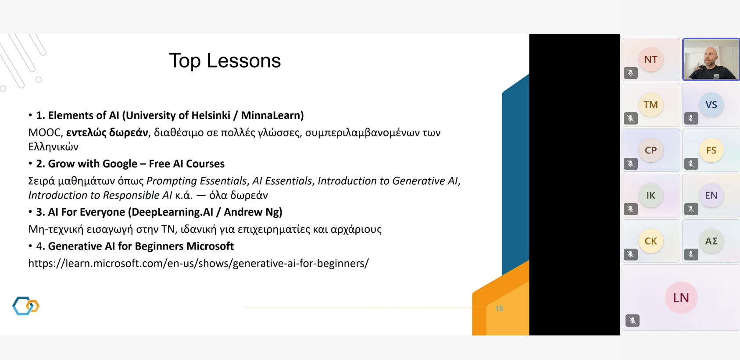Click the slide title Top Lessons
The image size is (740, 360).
coord(225,61)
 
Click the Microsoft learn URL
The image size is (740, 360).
coord(199,263)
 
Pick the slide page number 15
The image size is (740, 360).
coord(499,308)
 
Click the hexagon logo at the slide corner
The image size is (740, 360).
coord(26,306)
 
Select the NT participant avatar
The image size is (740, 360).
coord(651,60)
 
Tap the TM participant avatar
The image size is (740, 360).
coord(651,105)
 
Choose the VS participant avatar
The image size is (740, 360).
coord(711,105)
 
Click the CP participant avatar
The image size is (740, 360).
coord(651,150)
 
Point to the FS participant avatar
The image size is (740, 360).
coord(711,150)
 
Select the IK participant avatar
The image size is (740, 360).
coord(651,196)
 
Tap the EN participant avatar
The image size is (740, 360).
coord(711,196)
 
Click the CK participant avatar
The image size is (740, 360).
coord(651,241)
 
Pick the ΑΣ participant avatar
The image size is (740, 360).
coord(711,241)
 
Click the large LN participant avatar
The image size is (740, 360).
coord(681,298)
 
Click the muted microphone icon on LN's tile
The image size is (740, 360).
coord(632,321)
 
